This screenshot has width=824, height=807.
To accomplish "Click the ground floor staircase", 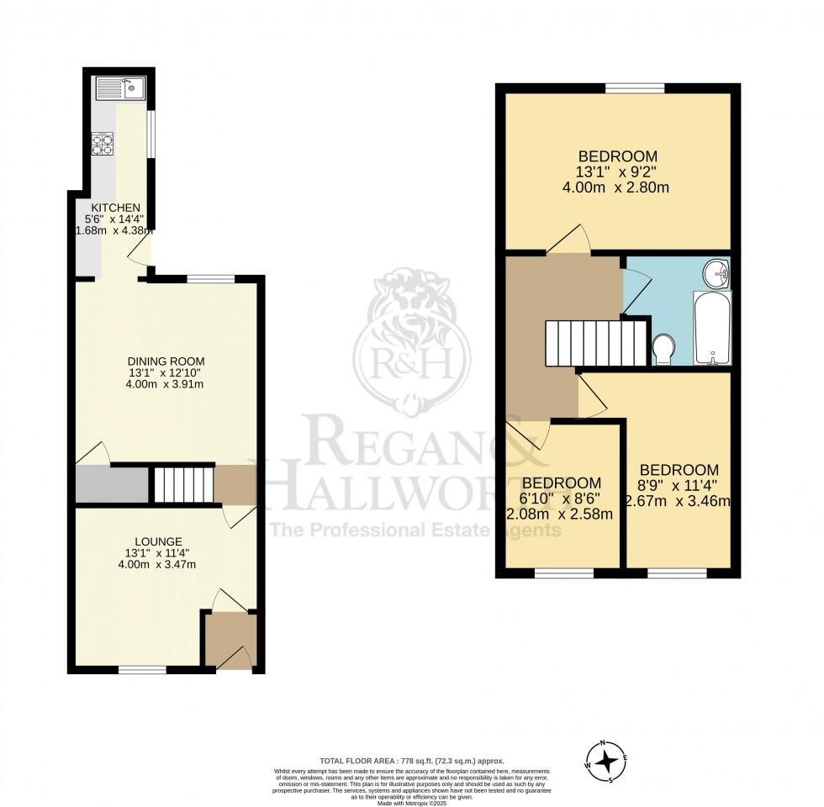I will pyautogui.click(x=182, y=484).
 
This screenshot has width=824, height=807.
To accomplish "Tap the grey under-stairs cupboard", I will pyautogui.click(x=112, y=484).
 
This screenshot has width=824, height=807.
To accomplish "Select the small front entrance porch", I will pyautogui.click(x=230, y=641).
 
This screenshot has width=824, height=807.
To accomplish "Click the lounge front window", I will pyautogui.click(x=142, y=669).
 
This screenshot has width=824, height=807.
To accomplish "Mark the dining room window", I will pyautogui.click(x=210, y=278).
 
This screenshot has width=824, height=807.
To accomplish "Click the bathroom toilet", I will pyautogui.click(x=664, y=349).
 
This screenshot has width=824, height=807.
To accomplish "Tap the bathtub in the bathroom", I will pyautogui.click(x=712, y=329).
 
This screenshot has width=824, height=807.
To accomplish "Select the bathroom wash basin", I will pyautogui.click(x=717, y=272).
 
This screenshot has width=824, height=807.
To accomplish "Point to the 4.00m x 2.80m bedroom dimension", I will pyautogui.click(x=616, y=187).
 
